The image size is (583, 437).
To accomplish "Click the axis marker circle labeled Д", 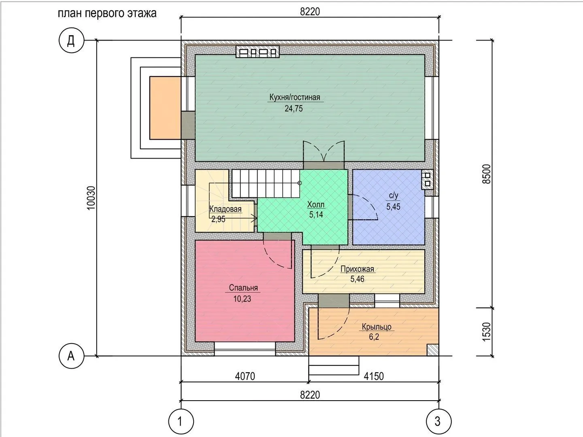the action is click(x=71, y=40).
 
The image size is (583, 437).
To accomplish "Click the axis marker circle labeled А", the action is click(x=71, y=356).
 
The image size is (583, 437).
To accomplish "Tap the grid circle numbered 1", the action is click(x=181, y=421).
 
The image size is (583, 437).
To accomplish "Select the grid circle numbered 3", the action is click(x=438, y=421).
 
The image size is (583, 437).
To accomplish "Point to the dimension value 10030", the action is click(x=91, y=198).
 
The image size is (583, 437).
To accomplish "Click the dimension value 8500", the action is click(x=487, y=174).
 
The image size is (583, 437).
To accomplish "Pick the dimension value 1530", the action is click(x=487, y=332).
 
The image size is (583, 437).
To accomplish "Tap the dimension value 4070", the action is click(x=245, y=376).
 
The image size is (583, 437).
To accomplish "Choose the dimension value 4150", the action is click(x=374, y=376).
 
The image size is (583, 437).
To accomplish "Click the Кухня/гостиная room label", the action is click(x=295, y=98).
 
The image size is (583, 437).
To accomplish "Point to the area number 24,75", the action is click(x=294, y=108).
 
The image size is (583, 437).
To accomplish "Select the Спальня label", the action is click(x=243, y=288).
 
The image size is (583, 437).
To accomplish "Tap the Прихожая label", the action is click(x=357, y=269).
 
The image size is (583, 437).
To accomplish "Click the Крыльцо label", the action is click(x=377, y=327).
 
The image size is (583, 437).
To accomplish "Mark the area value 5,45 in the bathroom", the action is click(x=393, y=207).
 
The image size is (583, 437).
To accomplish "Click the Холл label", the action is click(x=316, y=205).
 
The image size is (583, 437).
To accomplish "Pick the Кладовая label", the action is click(x=226, y=209).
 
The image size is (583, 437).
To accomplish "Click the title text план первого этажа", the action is click(x=107, y=13).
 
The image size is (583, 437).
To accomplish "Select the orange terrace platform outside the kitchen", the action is click(x=165, y=108).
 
